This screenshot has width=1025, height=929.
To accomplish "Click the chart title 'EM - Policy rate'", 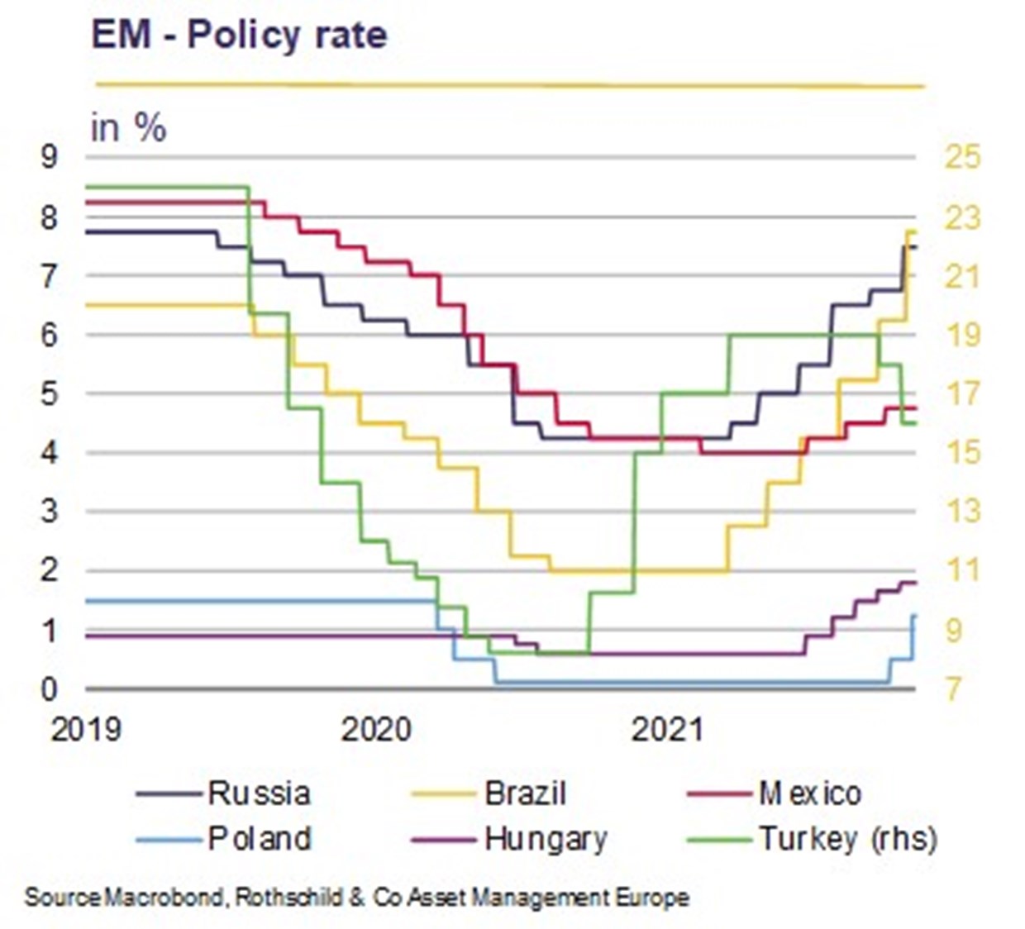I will pos(239,36).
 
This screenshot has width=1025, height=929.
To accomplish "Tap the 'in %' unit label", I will pos(128,128).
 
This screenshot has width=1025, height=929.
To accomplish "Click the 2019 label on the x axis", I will pos(86,730).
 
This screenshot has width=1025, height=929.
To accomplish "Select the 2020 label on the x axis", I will pos(376,730).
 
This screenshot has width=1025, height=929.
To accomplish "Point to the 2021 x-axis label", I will pos(666,730).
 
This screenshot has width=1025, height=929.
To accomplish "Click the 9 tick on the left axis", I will pos(50,156).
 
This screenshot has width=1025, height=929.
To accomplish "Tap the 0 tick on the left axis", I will pos(50,688).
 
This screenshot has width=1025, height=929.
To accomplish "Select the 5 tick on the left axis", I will pos(50,393).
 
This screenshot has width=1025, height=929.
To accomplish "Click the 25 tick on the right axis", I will pos(962,156).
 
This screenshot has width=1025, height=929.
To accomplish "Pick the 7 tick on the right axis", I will pos(954,688).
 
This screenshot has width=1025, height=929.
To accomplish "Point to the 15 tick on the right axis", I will pos(962,452).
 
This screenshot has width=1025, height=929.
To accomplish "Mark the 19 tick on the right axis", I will pos(962,335).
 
